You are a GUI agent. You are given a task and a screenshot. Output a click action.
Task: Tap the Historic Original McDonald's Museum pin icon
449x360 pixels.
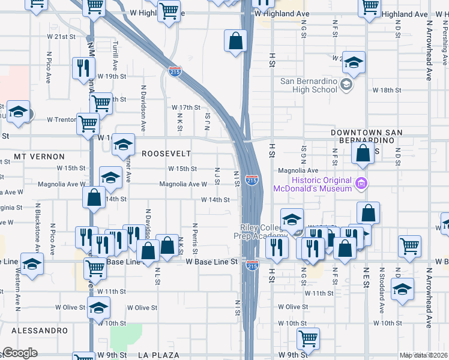click(x=361, y=182)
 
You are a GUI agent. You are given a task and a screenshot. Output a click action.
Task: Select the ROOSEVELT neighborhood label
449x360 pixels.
click(x=166, y=154)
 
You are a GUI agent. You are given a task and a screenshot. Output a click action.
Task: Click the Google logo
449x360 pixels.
click(x=20, y=353)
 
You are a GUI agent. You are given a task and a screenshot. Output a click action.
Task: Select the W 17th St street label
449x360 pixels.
click(x=185, y=107)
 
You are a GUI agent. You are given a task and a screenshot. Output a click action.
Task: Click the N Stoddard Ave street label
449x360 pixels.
click(x=381, y=296)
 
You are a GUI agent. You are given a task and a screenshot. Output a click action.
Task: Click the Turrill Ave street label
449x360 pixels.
click(x=115, y=50)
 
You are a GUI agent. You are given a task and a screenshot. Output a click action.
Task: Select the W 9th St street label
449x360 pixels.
click(x=112, y=355)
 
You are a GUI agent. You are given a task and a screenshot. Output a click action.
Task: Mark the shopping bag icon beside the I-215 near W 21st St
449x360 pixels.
click(x=236, y=41)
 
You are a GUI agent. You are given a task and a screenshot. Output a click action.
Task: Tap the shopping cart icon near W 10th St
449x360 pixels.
click(x=308, y=337)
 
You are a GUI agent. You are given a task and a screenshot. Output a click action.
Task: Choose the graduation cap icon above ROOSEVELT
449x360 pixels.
click(x=124, y=144)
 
